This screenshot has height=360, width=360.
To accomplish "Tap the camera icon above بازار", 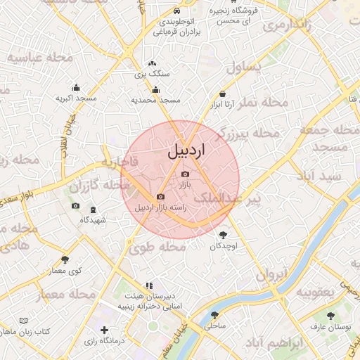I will (x=185, y=174).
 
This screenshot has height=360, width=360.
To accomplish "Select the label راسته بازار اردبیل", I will (x=160, y=207).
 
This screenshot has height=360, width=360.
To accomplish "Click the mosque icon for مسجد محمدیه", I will (x=155, y=89).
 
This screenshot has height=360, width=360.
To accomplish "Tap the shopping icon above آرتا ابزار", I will (x=223, y=94).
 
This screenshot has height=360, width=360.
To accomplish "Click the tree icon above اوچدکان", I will (x=224, y=236).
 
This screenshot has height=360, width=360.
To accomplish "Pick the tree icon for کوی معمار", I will (x=65, y=260).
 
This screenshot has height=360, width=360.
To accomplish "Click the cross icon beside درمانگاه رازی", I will (x=105, y=330).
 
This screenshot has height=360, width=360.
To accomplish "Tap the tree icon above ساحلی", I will (x=214, y=315).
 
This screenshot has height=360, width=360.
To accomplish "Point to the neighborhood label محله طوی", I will (x=150, y=247).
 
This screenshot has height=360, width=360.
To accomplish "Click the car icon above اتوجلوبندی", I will (x=176, y=11).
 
